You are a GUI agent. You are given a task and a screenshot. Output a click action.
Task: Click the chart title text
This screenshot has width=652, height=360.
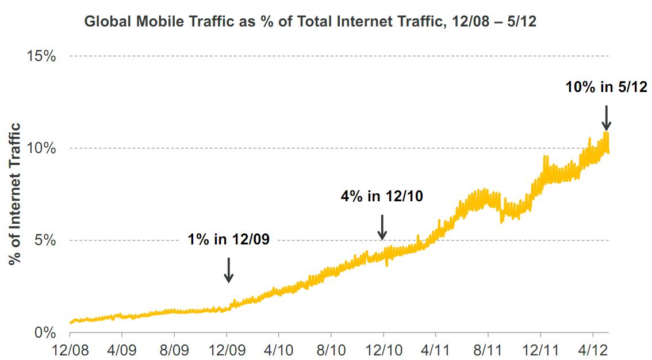click(313, 22)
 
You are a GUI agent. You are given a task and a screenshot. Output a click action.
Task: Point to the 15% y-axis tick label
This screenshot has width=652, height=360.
click(42, 56)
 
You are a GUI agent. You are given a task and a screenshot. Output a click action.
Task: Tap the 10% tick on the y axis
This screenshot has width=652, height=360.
click(42, 148)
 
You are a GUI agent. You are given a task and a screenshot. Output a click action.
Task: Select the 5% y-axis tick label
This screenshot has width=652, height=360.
click(45, 240)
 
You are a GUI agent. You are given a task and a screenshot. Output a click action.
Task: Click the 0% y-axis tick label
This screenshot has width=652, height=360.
click(45, 333)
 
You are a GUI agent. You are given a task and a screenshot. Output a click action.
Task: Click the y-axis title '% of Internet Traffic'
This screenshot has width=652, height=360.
click(16, 194)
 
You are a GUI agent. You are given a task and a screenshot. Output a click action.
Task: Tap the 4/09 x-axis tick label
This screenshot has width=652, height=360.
click(122, 350)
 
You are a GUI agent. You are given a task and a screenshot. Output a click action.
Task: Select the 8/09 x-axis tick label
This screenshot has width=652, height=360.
click(174, 350)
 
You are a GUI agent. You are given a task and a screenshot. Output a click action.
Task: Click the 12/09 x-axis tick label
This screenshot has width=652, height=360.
click(227, 350)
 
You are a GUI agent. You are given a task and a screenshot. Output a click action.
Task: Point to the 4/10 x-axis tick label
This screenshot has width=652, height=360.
click(279, 350)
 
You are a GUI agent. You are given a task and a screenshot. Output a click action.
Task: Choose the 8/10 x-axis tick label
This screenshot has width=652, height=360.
click(331, 350)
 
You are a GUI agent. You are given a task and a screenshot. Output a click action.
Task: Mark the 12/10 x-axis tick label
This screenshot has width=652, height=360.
click(383, 350)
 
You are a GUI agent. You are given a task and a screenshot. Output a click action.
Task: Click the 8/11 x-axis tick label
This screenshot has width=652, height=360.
click(488, 350)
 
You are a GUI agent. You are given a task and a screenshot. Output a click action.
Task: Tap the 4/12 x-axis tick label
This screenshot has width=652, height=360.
click(593, 350)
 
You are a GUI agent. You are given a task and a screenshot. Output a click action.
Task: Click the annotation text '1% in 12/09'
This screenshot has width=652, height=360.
click(229, 240)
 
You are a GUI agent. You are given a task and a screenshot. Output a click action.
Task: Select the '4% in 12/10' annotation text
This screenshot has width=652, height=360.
click(382, 196)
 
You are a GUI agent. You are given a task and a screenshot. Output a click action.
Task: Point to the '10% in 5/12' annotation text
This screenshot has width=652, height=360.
click(606, 87)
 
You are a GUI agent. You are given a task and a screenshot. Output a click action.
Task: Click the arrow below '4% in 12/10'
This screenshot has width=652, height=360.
click(382, 227)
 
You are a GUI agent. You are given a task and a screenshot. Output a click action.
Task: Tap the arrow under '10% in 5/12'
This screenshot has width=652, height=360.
click(606, 118)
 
